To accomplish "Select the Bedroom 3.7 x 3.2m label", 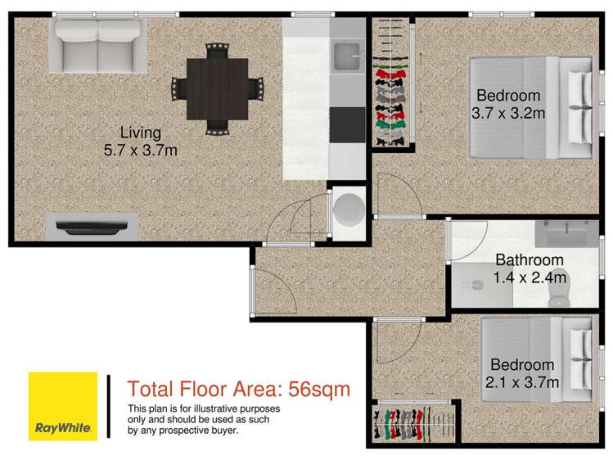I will [x=508, y=103].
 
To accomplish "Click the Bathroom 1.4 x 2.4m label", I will [x=530, y=269].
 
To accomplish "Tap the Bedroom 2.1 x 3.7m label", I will [x=523, y=373].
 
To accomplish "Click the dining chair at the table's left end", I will [x=179, y=86].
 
